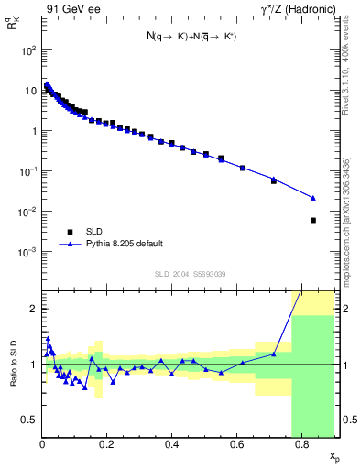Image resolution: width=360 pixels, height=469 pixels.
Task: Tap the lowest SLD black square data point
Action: (313, 220)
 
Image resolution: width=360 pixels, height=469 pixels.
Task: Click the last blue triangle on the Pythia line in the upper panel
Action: (313, 198)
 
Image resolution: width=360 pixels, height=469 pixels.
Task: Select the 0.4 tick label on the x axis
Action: (171, 445)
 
